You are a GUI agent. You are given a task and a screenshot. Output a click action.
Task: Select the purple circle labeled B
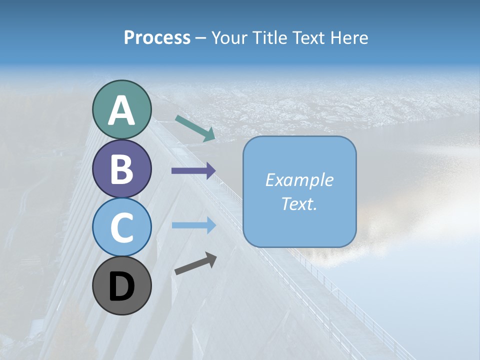(x=121, y=169)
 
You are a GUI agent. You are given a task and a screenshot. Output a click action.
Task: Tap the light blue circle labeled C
(x=121, y=227)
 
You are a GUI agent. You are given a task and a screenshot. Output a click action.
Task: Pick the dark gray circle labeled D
(x=121, y=286)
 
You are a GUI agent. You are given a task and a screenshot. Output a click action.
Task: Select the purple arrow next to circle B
(x=193, y=171)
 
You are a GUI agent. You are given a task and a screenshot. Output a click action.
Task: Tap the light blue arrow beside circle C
(x=193, y=225)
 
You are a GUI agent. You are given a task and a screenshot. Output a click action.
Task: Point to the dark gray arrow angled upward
(x=195, y=263)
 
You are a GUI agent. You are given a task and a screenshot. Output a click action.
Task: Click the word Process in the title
(x=157, y=38)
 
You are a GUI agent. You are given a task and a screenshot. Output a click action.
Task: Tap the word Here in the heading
(x=349, y=38)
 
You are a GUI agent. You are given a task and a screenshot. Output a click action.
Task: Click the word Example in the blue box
(x=299, y=180)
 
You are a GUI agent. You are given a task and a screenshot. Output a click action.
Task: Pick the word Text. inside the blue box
(x=299, y=204)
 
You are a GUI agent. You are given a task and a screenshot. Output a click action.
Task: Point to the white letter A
(x=121, y=111)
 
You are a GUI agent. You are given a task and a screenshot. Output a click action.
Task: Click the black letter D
(x=121, y=287)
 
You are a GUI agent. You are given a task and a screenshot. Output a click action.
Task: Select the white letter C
(x=121, y=228)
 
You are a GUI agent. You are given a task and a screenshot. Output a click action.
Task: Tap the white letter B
(x=121, y=169)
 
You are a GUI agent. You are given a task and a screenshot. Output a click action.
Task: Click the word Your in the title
(x=229, y=38)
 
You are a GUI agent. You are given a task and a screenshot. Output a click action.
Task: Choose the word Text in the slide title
(x=310, y=38)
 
